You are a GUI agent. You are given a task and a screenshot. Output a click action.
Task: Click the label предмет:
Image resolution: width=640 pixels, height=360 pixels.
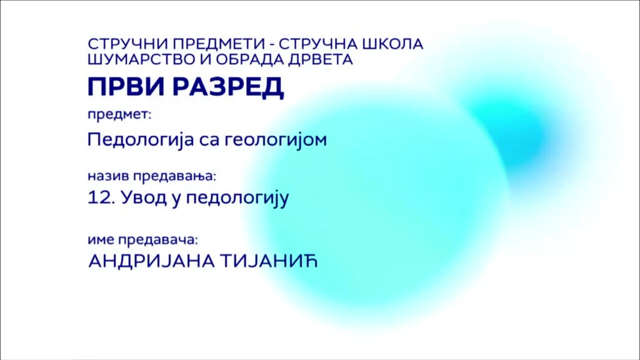(x=120, y=115)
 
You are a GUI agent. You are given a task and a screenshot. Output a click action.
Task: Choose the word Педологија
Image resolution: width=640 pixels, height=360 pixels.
(x=141, y=140)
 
